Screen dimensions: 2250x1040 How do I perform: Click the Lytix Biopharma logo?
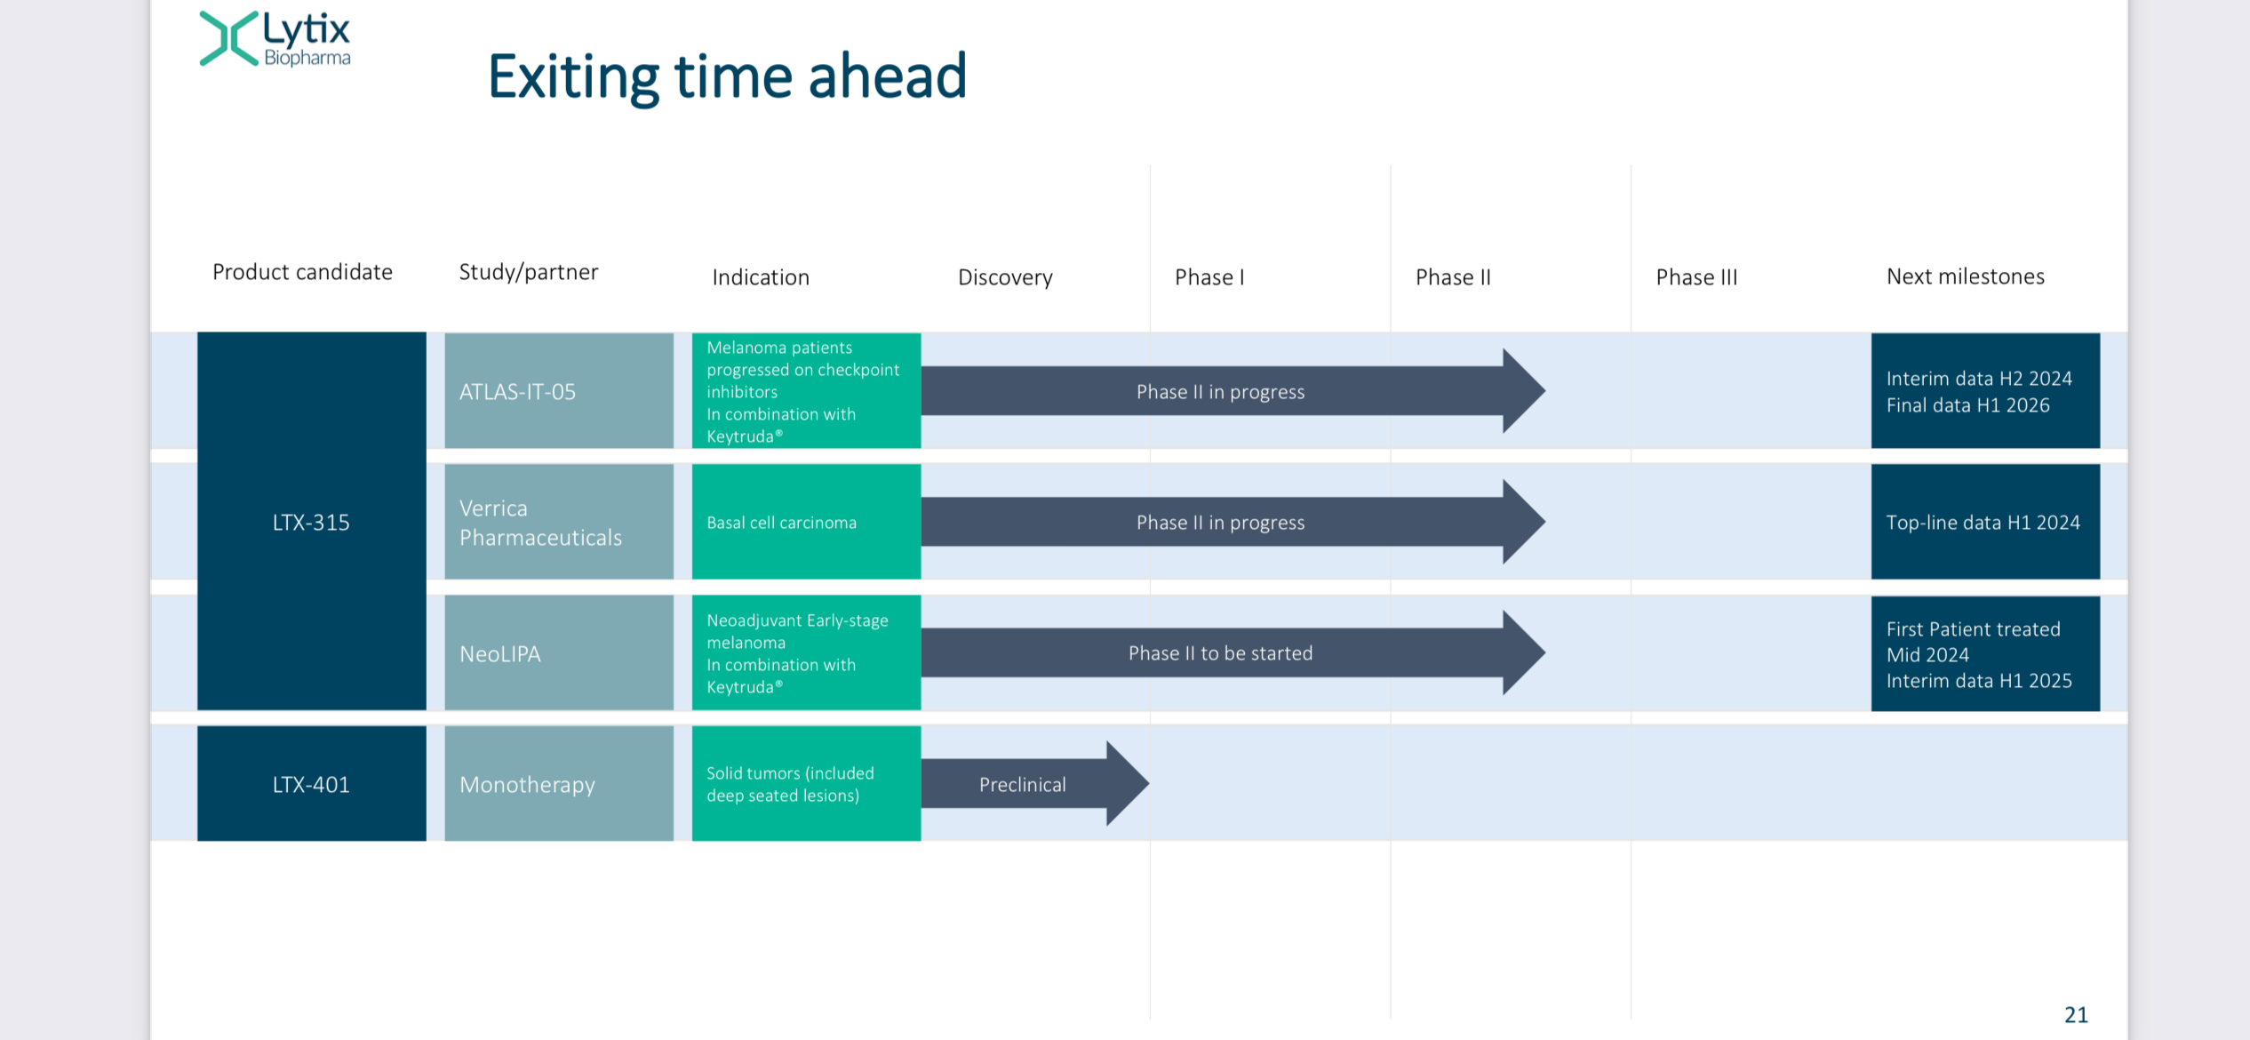[275, 39]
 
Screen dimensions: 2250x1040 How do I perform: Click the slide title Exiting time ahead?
[727, 76]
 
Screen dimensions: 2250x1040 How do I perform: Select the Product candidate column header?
[302, 272]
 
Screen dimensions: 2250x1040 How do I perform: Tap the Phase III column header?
[1696, 277]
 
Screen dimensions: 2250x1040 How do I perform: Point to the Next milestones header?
[1966, 276]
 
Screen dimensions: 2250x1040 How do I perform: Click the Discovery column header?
[1005, 277]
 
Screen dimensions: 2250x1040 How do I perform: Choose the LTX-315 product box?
[312, 521]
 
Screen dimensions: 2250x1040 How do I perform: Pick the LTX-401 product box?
[312, 783]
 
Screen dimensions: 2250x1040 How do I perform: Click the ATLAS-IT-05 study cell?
[559, 390]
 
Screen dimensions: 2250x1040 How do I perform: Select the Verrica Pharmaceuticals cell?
[559, 522]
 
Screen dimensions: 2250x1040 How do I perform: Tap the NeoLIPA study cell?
[559, 652]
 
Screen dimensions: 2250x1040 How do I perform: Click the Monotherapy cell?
[559, 783]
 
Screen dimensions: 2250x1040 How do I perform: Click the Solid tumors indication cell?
[806, 783]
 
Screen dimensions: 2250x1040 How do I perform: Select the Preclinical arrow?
[1035, 784]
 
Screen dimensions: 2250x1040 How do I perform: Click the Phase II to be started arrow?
[1233, 652]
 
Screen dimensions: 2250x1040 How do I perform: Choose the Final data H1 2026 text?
[1967, 405]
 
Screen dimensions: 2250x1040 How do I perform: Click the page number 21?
[2076, 1014]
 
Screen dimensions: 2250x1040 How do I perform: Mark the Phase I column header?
[1209, 277]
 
